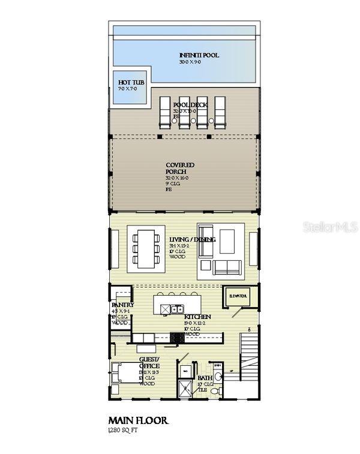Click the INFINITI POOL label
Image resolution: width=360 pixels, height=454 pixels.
click(x=199, y=55)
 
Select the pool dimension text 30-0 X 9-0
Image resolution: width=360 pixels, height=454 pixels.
click(x=193, y=62)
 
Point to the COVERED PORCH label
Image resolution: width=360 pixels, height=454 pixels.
click(x=179, y=169)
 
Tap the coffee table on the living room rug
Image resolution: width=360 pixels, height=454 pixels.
click(x=227, y=241)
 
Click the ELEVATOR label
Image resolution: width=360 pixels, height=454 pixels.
click(x=239, y=296)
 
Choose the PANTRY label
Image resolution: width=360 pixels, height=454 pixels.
click(x=122, y=305)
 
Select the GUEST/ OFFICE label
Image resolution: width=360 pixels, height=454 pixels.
click(x=149, y=362)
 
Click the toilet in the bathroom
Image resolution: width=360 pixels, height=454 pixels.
click(x=221, y=390)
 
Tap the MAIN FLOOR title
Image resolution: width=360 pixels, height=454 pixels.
click(x=138, y=420)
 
